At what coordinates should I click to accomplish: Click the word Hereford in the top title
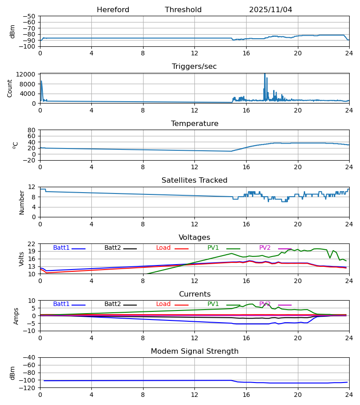113,10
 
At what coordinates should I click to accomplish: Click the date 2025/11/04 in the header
270,10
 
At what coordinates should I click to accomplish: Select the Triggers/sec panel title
194,67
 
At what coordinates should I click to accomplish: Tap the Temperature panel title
194,124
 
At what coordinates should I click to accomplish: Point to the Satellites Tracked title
194,180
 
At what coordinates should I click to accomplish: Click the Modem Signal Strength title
194,351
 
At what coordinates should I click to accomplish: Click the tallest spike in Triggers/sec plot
265,74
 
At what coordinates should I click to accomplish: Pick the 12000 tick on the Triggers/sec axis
28,74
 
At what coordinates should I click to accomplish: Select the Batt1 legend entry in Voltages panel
62,248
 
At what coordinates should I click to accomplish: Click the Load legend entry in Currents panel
163,304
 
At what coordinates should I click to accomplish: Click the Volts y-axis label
22,259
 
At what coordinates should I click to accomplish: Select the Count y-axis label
10,88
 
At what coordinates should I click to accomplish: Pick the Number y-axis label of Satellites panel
22,202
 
